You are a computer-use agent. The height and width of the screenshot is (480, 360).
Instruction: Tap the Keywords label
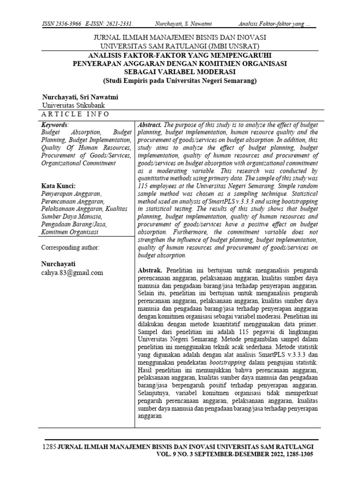tap(54, 125)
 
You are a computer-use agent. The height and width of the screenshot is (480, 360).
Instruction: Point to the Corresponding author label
tap(70, 247)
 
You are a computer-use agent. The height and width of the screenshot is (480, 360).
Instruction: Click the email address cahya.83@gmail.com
tap(72, 272)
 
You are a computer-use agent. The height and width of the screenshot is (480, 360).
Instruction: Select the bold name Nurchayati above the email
tap(59, 263)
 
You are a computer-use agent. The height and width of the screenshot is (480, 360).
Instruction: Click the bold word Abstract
tap(150, 125)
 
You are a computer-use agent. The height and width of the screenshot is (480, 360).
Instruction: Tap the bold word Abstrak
tap(150, 271)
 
